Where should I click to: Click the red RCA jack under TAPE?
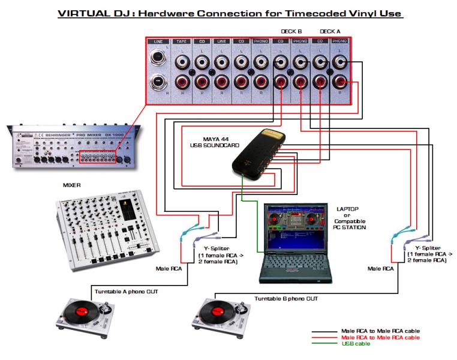[182, 82]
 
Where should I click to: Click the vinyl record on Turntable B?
[215, 313]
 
